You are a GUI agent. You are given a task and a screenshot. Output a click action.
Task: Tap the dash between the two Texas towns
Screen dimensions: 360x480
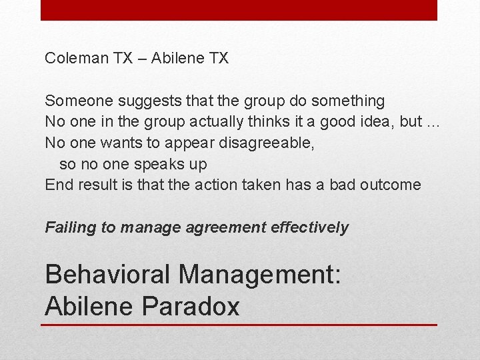[x=142, y=59]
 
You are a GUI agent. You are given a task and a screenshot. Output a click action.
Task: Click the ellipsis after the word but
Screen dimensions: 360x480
[x=434, y=123]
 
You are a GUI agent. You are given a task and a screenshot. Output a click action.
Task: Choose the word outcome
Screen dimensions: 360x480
[x=390, y=185]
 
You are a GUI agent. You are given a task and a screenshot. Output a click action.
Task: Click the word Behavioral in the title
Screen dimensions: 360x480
[x=107, y=274]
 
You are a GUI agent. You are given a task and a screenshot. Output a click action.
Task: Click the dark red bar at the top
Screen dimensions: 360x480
[x=239, y=10]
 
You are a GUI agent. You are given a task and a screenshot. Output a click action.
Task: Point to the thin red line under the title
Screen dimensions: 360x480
[x=239, y=325]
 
